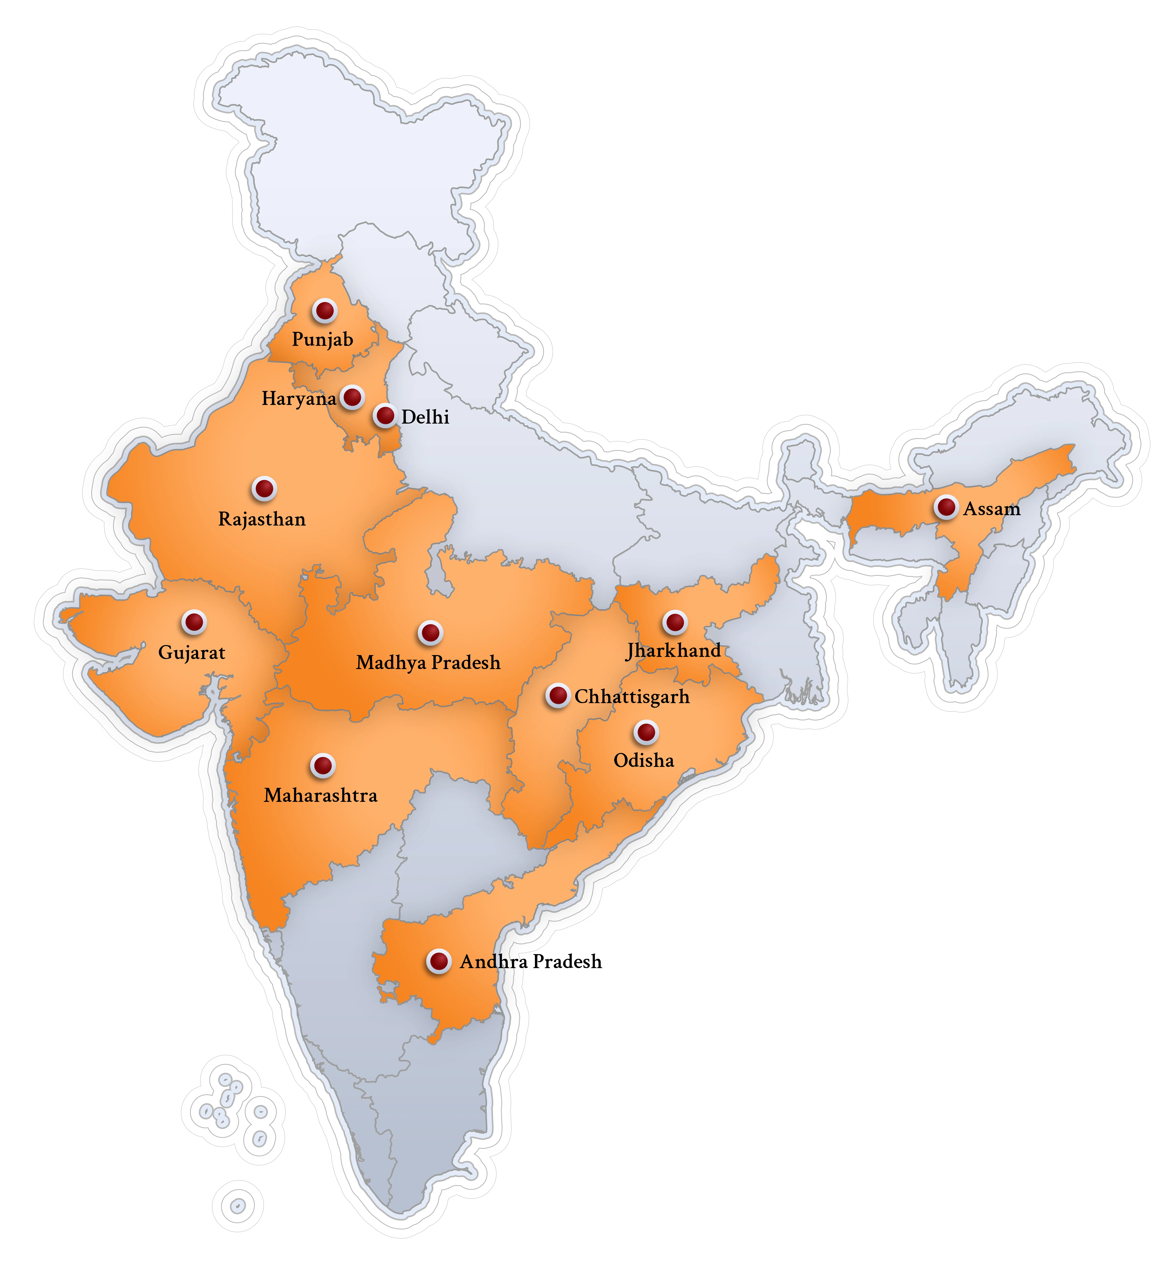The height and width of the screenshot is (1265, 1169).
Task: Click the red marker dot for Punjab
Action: click(324, 311)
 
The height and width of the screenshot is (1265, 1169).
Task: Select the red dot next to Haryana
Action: click(352, 397)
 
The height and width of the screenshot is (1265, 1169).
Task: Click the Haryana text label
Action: click(299, 399)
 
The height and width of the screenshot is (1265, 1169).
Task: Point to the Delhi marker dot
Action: click(385, 416)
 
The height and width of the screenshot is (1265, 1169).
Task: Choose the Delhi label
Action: click(425, 417)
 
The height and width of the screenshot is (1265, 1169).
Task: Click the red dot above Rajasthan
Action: click(264, 489)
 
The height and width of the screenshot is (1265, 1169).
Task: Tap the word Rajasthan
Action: click(262, 520)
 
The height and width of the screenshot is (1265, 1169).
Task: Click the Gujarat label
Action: click(192, 652)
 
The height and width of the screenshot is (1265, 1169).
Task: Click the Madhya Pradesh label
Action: click(428, 663)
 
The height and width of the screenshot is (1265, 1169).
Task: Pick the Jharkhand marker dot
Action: click(675, 622)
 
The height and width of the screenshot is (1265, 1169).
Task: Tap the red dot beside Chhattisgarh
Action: click(557, 695)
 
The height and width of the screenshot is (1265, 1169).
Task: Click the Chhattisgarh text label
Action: click(632, 697)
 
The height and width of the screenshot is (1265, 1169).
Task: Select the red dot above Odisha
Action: click(646, 732)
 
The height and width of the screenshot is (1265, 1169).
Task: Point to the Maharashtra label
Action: click(321, 795)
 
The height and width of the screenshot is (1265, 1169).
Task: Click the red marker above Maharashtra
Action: click(323, 766)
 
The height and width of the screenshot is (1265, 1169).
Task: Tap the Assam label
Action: click(992, 509)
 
